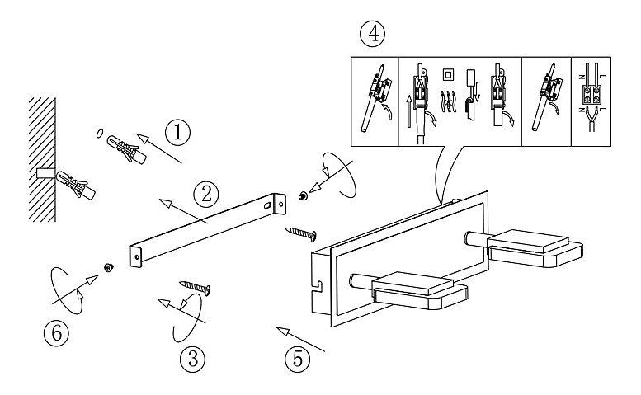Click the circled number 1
click(178, 133)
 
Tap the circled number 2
click(206, 195)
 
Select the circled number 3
click(192, 359)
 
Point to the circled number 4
click(372, 35)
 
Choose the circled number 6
click(56, 333)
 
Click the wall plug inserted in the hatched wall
click(75, 185)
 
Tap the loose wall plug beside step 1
click(126, 150)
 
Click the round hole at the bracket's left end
click(137, 257)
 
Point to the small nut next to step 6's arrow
click(108, 267)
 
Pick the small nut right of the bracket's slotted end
click(303, 196)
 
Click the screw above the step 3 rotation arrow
click(196, 288)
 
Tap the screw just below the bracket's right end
click(301, 233)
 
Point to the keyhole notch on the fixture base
click(317, 286)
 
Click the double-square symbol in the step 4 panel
click(449, 75)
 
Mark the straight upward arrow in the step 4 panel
click(409, 111)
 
